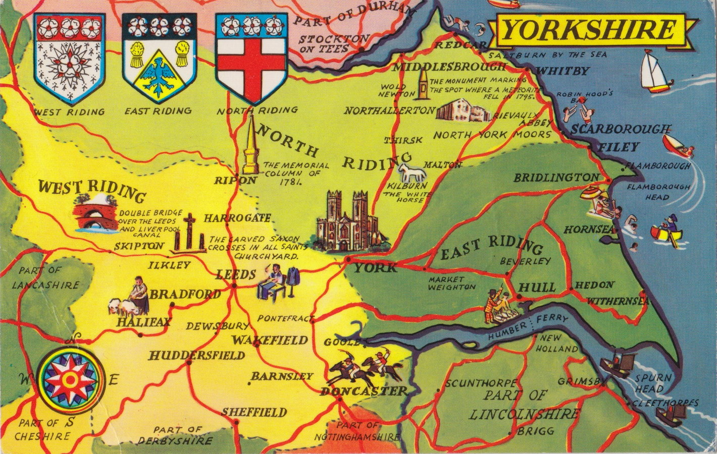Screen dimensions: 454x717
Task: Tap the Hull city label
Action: pyautogui.click(x=537, y=288)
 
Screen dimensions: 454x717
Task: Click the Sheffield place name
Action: pyautogui.click(x=254, y=413)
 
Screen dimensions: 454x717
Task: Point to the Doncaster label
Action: pyautogui.click(x=364, y=391)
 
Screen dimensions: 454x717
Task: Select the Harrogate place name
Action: pyautogui.click(x=237, y=218)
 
